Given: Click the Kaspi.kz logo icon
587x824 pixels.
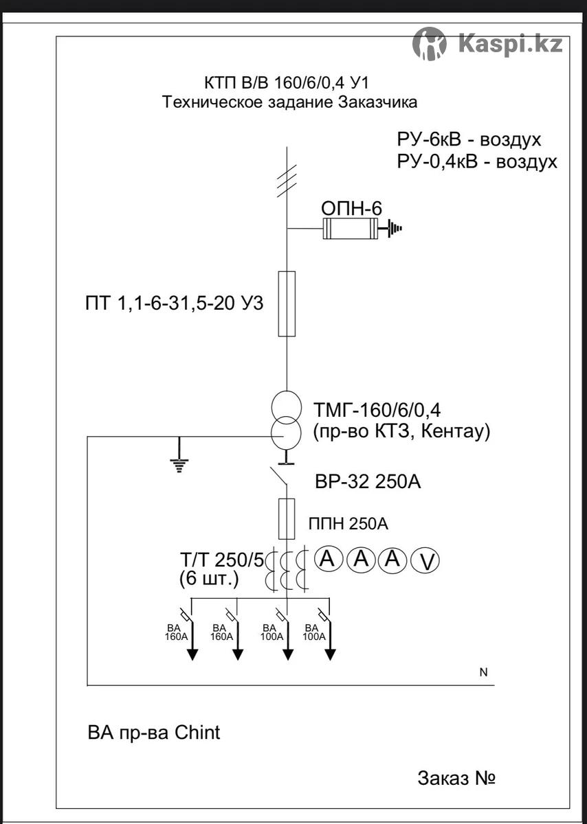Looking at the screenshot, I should [429, 45].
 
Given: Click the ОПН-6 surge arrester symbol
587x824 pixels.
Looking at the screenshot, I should [350, 228].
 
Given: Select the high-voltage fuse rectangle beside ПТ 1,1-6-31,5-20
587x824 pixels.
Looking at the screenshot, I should [287, 304].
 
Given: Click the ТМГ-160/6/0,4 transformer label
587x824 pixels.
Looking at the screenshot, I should [377, 411].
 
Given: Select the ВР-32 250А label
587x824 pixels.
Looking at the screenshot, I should [368, 482].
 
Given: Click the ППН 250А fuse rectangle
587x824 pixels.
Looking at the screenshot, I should [287, 518].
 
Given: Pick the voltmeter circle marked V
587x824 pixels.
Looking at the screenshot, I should [425, 562].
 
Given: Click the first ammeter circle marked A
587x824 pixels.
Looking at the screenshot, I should [329, 560].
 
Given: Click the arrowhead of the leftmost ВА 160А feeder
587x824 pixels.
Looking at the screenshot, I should [192, 653].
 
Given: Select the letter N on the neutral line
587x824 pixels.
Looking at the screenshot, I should [483, 673].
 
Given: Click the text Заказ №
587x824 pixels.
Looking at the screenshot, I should [456, 779].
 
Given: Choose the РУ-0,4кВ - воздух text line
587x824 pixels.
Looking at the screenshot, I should [476, 163].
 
